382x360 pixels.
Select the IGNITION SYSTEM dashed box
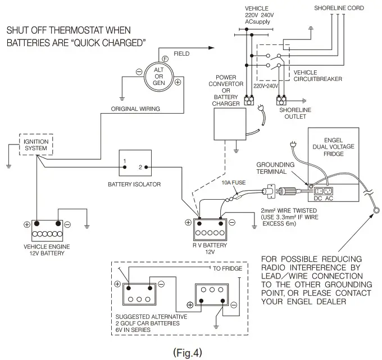tap(36, 144)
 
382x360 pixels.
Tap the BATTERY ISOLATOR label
tap(135, 183)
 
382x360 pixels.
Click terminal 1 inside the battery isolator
tap(125, 166)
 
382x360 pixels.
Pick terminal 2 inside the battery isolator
tap(141, 166)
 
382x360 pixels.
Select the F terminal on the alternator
tap(166, 59)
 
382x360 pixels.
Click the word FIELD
tap(181, 53)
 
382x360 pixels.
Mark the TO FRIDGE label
tap(228, 268)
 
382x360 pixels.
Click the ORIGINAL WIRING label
tap(135, 108)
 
